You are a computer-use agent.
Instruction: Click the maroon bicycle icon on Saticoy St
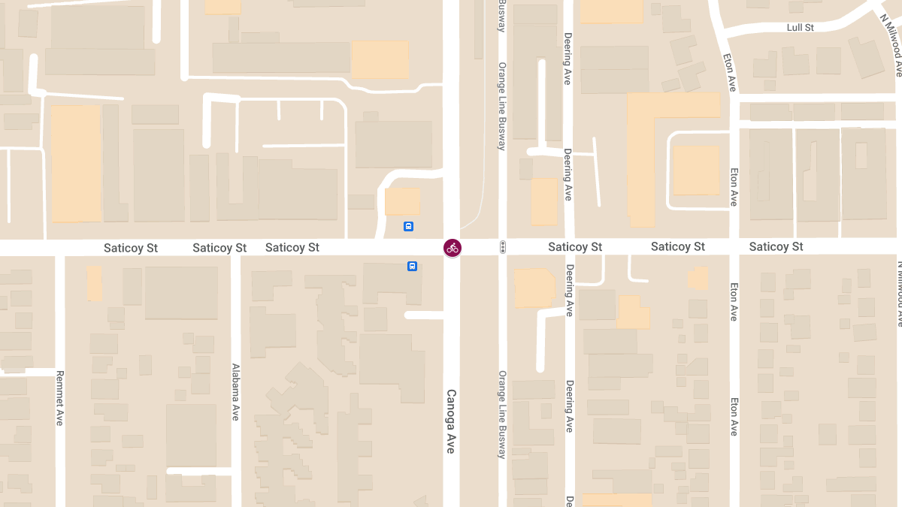click(x=452, y=247)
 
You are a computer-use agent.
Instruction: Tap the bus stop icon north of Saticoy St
click(x=408, y=226)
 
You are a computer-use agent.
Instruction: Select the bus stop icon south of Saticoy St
click(x=412, y=266)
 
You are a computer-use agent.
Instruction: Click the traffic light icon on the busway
click(x=502, y=247)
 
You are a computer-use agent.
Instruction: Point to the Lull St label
click(x=800, y=28)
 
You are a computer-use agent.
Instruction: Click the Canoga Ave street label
click(x=451, y=421)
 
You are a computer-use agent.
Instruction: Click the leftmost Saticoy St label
click(x=131, y=248)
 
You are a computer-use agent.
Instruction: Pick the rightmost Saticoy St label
click(x=776, y=246)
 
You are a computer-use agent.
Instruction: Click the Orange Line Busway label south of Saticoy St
click(x=502, y=415)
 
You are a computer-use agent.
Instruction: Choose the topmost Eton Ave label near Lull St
click(x=730, y=72)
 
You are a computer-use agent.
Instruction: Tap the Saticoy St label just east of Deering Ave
click(x=575, y=247)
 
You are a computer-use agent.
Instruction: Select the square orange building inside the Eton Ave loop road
click(x=695, y=170)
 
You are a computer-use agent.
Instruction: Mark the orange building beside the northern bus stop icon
click(x=402, y=201)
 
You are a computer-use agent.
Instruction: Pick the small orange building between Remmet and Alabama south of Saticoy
click(x=94, y=283)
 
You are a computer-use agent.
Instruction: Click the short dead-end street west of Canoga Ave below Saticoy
click(x=425, y=315)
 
